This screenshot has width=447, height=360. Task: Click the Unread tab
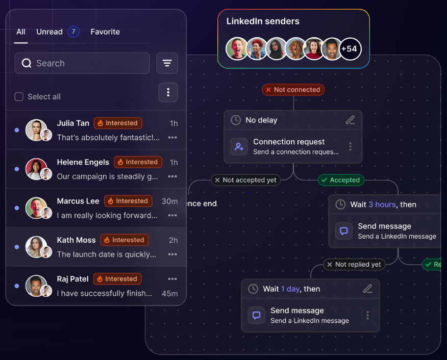[x=49, y=32]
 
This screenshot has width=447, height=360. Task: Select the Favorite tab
[x=105, y=32]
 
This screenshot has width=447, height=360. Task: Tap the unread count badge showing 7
[x=73, y=32]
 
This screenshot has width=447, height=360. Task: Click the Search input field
[x=82, y=63]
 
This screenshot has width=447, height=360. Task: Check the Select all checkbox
[x=19, y=96]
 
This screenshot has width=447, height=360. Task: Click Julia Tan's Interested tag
[x=118, y=123]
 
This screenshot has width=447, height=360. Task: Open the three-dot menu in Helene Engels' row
[x=172, y=176]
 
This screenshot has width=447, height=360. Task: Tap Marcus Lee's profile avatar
[x=36, y=208]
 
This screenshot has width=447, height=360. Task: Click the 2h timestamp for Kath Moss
[x=173, y=240]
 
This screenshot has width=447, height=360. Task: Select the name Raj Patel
[x=72, y=279]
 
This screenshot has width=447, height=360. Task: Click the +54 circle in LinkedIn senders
[x=350, y=49]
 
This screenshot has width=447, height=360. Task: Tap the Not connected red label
[x=293, y=90]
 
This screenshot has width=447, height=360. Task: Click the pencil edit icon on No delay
[x=351, y=120]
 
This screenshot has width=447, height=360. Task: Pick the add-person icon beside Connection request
[x=239, y=146]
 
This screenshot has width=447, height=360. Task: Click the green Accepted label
[x=341, y=180]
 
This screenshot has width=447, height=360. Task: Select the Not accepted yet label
[x=246, y=180]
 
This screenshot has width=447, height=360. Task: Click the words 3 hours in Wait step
[x=382, y=204]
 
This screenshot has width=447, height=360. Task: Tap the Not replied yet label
[x=354, y=264]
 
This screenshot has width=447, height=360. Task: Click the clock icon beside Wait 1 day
[x=253, y=289]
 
